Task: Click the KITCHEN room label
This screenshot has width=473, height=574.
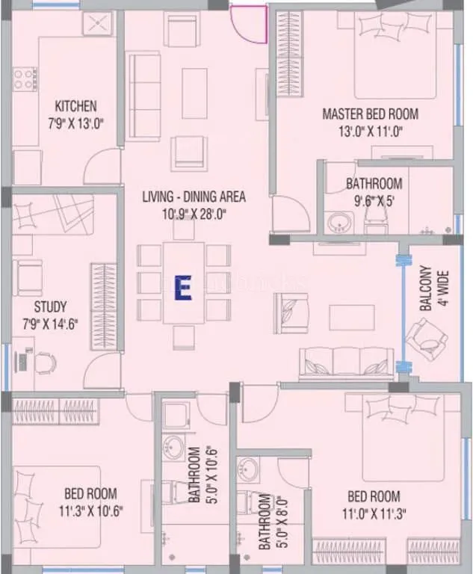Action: click(75, 106)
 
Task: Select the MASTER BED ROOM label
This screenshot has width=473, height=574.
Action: click(370, 114)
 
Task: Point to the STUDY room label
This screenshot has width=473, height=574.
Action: click(50, 306)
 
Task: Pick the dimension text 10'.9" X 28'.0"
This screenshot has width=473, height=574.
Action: click(194, 213)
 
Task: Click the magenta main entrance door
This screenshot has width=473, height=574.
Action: click(249, 22)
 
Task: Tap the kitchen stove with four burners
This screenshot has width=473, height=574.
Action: click(25, 78)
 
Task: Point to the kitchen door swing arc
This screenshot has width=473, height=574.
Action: click(105, 161)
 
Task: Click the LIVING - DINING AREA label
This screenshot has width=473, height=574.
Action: click(194, 197)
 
